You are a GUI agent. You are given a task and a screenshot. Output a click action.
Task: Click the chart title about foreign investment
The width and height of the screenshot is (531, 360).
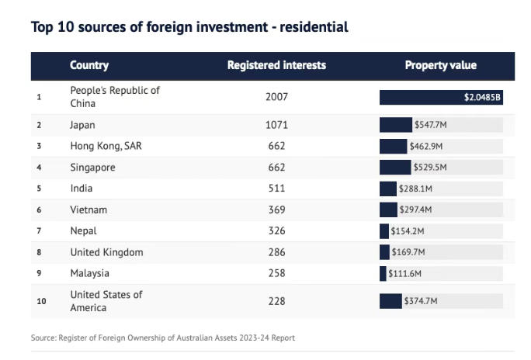coord(189,27)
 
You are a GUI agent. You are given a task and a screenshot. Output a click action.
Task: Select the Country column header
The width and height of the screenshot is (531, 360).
coord(89,65)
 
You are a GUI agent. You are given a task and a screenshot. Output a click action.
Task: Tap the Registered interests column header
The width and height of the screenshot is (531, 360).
coord(276,65)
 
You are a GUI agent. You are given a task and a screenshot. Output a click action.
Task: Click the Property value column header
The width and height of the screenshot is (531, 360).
coord(440,65)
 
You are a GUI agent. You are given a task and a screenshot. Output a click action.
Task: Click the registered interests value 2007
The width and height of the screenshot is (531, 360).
coord(276,97)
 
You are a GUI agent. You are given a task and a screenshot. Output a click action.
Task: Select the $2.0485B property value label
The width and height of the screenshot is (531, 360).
coord(482,97)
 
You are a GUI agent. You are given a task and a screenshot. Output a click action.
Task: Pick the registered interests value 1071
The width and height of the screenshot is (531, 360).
coord(276,124)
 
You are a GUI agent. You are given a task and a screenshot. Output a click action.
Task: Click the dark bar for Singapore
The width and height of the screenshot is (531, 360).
coord(394,167)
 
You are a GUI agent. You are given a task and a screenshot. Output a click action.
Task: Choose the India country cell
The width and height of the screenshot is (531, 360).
coord(82,189)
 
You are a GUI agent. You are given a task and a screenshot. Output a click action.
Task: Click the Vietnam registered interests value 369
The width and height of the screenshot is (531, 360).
coord(276,209)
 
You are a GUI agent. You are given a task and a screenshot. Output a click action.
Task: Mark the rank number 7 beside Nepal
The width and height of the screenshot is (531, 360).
coord(38,231)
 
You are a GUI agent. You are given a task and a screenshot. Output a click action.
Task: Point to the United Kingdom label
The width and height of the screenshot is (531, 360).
coord(106,252)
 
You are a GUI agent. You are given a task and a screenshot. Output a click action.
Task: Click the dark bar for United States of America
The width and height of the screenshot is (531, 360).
coord(390,301)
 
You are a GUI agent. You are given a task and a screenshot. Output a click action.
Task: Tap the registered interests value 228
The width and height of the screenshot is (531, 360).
coord(276,301)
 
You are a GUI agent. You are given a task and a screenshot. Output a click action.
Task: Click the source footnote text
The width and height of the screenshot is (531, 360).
coord(163,337)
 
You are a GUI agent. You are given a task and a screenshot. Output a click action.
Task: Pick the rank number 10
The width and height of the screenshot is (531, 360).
coord(40,301)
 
